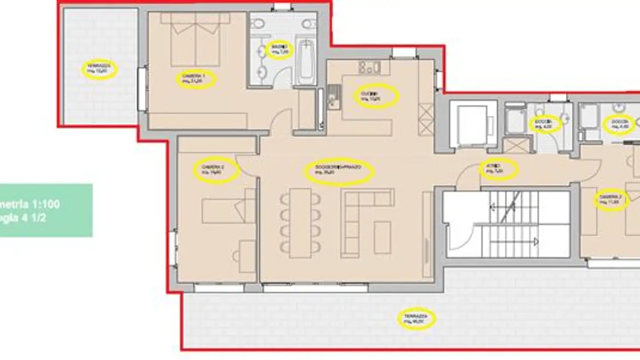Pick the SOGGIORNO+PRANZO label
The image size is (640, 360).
coord(339,171)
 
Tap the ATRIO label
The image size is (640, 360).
coord(499,168)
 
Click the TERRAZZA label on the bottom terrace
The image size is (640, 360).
coord(416,318)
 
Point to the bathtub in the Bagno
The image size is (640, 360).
coord(306,62)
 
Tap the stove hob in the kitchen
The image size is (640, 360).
coord(369,68)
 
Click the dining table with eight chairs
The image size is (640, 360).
coord(300,222)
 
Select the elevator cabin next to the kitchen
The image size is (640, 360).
coord(472,124)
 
